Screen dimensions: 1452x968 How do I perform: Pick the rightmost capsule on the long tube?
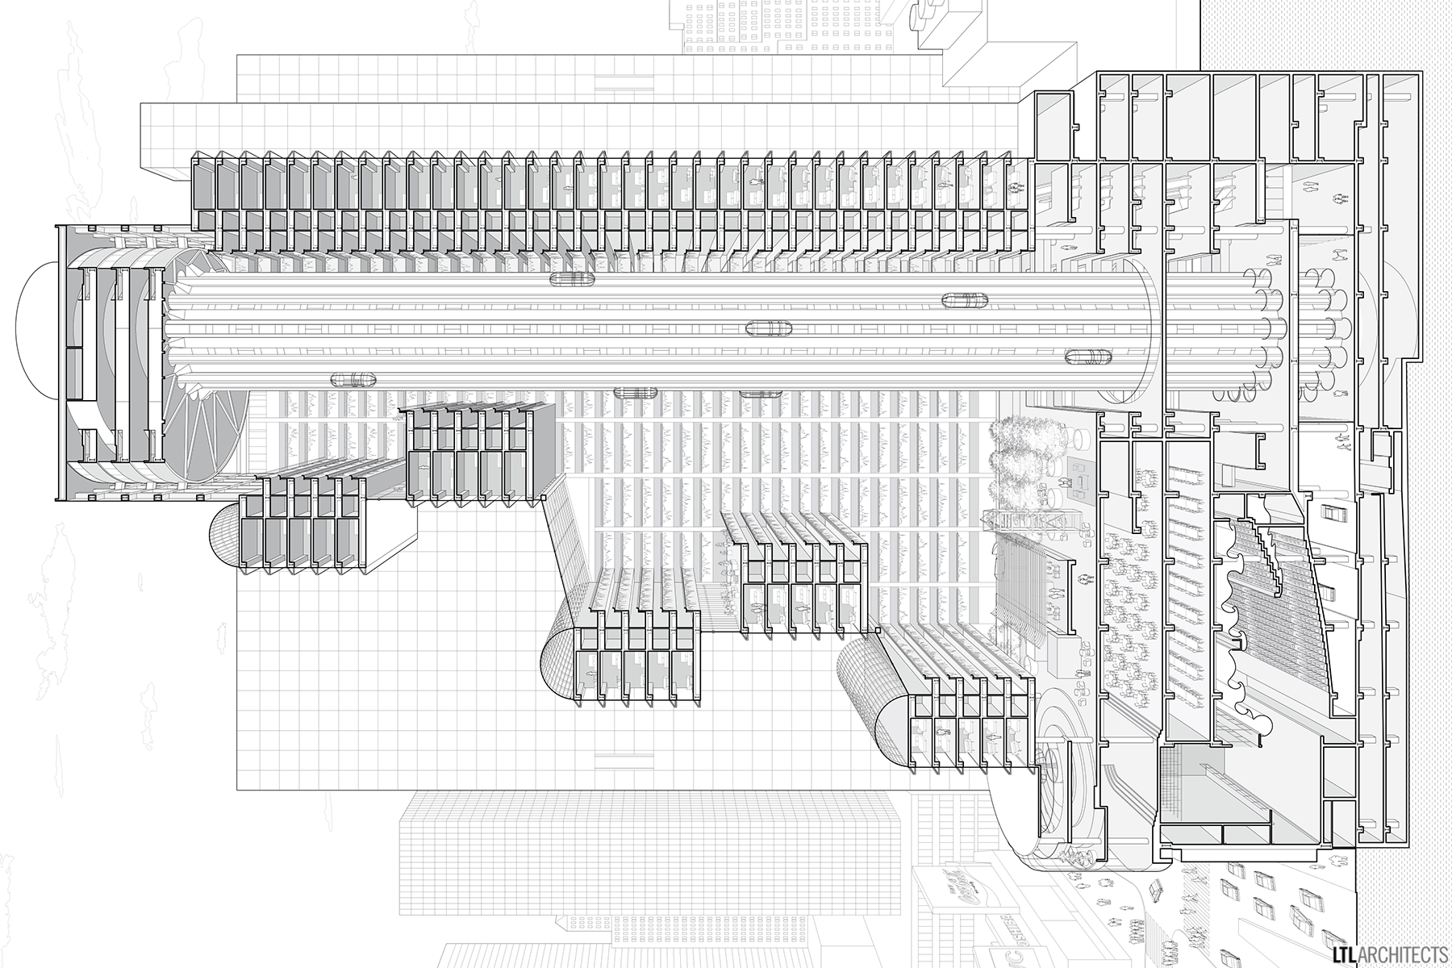1088,357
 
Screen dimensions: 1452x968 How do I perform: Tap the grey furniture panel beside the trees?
1079,476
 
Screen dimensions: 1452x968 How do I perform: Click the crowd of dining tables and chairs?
1129,613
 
